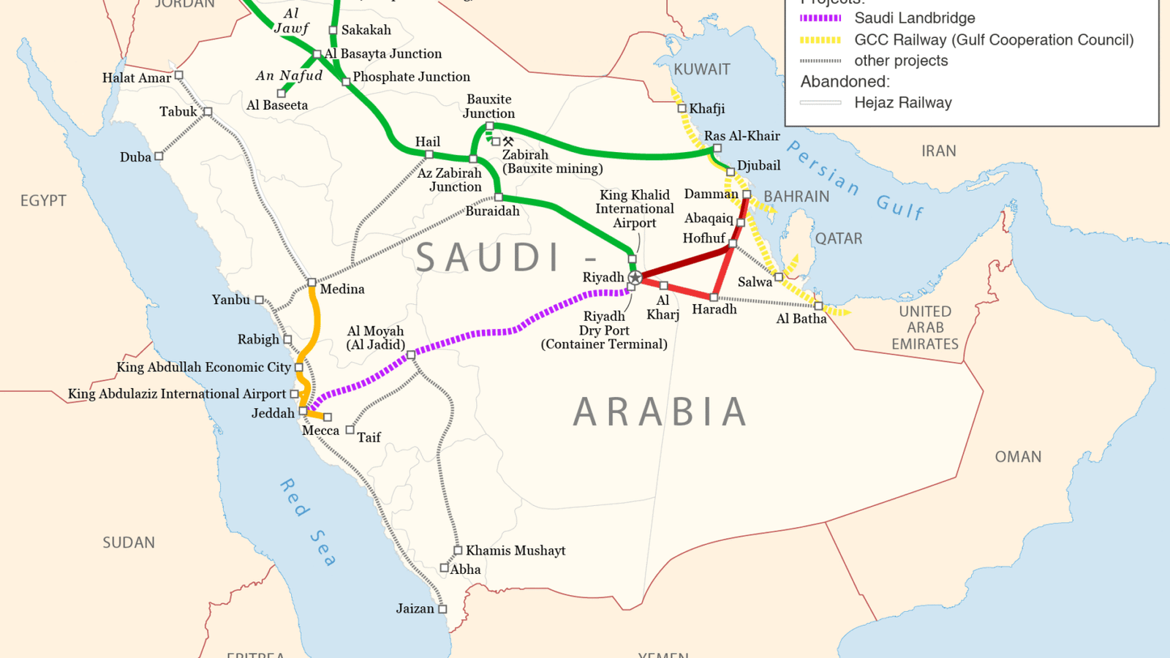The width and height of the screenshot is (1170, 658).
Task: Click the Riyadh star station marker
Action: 635,277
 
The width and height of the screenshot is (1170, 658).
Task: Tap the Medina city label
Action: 341,289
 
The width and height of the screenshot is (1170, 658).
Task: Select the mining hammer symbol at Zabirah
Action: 508,141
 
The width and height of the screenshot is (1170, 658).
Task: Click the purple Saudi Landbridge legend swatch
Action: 820,18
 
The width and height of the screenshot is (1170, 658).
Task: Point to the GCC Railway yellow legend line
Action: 820,40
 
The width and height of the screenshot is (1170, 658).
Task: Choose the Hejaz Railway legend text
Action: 903,103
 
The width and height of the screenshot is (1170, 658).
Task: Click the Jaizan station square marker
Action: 442,608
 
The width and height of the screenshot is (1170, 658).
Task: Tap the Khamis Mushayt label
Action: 516,551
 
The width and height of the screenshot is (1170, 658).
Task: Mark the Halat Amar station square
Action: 179,75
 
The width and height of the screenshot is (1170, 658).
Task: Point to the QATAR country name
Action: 839,238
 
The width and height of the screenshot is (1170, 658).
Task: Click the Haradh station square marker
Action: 714,297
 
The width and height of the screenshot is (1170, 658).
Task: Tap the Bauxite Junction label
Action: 488,106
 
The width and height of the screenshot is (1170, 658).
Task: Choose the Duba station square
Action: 159,156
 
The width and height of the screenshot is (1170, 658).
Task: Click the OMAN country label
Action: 1018,457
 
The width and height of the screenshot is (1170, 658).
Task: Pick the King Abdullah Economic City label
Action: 203,367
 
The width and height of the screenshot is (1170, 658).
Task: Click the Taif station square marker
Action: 350,430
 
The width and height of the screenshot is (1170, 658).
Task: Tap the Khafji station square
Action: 682,108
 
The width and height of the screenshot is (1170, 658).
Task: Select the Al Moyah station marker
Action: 411,355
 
